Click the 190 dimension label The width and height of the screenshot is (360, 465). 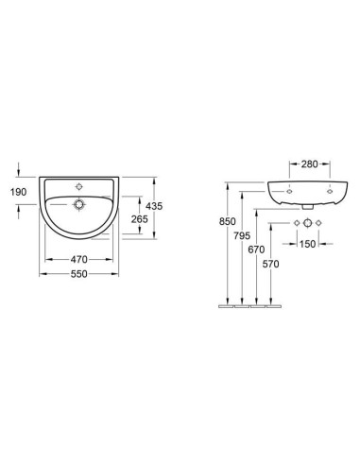click(x=18, y=192)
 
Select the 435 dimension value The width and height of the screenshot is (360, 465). click(x=154, y=206)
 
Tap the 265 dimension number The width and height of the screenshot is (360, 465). click(x=139, y=219)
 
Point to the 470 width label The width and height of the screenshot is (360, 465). click(x=78, y=260)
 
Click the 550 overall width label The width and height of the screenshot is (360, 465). click(x=78, y=274)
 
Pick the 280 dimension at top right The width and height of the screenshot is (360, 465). click(x=310, y=164)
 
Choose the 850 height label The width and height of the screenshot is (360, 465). click(x=228, y=221)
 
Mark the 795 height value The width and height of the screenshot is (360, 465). click(x=242, y=235)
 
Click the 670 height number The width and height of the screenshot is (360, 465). click(x=256, y=250)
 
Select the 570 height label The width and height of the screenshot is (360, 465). click(x=271, y=264)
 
